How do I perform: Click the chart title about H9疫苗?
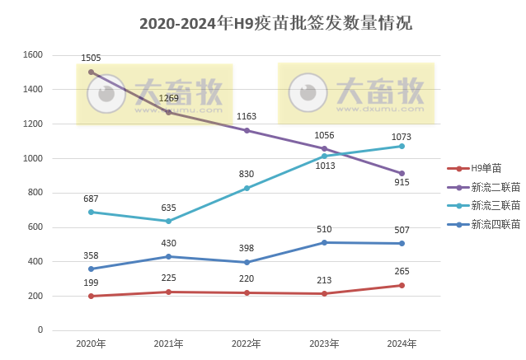(275, 24)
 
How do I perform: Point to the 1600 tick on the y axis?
(32, 55)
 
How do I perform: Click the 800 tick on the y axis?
(35, 193)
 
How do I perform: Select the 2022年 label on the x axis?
(247, 344)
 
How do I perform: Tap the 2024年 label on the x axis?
(402, 344)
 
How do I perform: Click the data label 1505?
(91, 58)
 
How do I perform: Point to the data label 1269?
(168, 99)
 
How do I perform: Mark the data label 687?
(91, 199)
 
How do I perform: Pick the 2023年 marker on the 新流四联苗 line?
(324, 242)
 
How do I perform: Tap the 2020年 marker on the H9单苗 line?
(91, 296)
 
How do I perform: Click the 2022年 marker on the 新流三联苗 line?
(247, 188)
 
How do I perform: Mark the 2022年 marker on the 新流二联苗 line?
(247, 130)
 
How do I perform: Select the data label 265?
(402, 272)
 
